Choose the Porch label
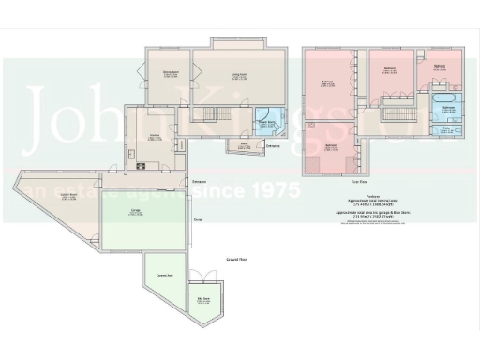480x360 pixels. [243, 147]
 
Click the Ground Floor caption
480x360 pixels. [210, 258]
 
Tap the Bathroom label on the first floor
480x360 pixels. [448, 109]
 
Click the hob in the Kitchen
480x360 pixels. [142, 166]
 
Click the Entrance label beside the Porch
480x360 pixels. [272, 146]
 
